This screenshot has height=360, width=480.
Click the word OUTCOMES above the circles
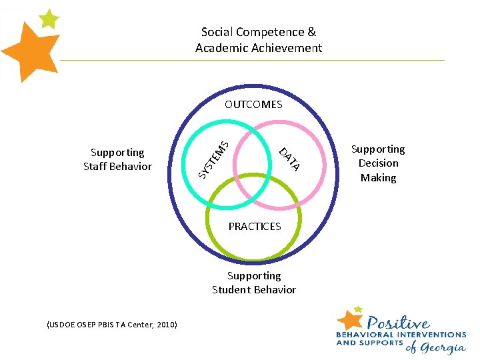253,104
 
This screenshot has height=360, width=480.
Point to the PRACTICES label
255,227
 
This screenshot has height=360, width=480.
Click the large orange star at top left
30,52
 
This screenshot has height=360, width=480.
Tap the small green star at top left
49,19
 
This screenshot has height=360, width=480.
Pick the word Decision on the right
379,163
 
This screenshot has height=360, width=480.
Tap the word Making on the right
379,178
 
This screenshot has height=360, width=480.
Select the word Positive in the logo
398,323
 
